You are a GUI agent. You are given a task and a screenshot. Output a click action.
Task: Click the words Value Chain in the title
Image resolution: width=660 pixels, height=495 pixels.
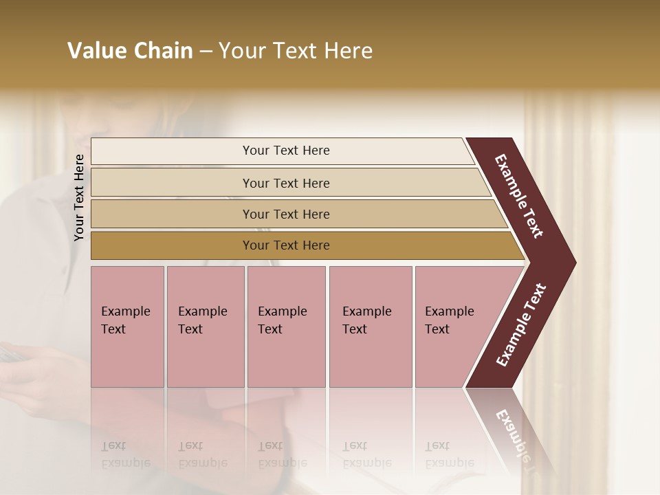coord(130,51)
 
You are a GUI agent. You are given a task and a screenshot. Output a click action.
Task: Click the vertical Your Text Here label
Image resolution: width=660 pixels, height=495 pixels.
coord(79,197)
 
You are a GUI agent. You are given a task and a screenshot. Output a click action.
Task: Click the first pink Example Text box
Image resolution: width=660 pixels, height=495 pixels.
coord(127,327)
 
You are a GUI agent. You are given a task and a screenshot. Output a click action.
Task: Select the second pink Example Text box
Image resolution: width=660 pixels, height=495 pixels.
coord(206,327)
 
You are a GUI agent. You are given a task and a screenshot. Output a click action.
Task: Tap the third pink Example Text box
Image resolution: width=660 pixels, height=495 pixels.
coord(286,327)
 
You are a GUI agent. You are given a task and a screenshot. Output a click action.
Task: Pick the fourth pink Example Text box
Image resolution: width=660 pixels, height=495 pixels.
coord(371,327)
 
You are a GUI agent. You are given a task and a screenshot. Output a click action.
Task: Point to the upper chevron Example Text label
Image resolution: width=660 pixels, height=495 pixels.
coord(519,196)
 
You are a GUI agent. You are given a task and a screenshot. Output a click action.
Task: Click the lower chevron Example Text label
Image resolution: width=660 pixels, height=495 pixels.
coord(520,325)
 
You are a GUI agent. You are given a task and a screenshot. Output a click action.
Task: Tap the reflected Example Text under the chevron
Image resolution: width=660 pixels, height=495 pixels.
coord(514,433)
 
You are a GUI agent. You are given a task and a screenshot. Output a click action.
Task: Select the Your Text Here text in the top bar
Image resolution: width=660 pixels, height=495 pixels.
coord(286,151)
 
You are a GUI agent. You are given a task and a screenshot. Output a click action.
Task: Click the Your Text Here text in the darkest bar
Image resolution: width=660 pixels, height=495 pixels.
coord(286,245)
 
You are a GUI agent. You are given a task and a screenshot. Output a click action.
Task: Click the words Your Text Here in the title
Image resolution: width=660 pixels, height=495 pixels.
coord(296,51)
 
